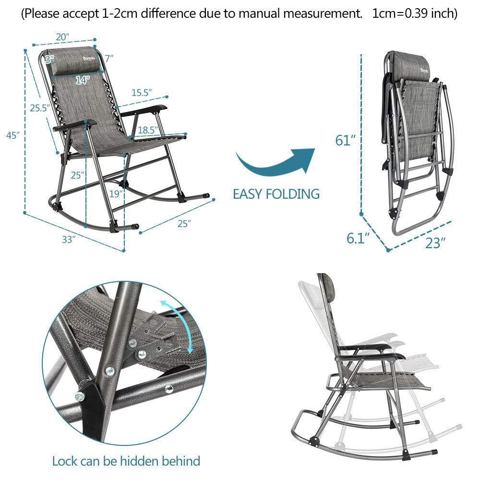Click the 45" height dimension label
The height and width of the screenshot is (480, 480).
13,135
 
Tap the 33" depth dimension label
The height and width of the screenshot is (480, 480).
69,239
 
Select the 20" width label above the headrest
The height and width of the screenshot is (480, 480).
62,37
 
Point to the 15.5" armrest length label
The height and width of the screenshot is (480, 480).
142,93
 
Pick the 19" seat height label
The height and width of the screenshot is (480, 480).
116,194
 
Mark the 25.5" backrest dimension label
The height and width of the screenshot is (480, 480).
40,108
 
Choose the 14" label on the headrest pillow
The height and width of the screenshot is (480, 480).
83,80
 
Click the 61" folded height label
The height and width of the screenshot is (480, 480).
346,141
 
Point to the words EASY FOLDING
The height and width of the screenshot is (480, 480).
276,194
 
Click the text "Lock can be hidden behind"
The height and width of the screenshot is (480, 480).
126,461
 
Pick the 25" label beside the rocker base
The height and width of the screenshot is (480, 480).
184,224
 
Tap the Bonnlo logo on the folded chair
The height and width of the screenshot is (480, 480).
425,71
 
